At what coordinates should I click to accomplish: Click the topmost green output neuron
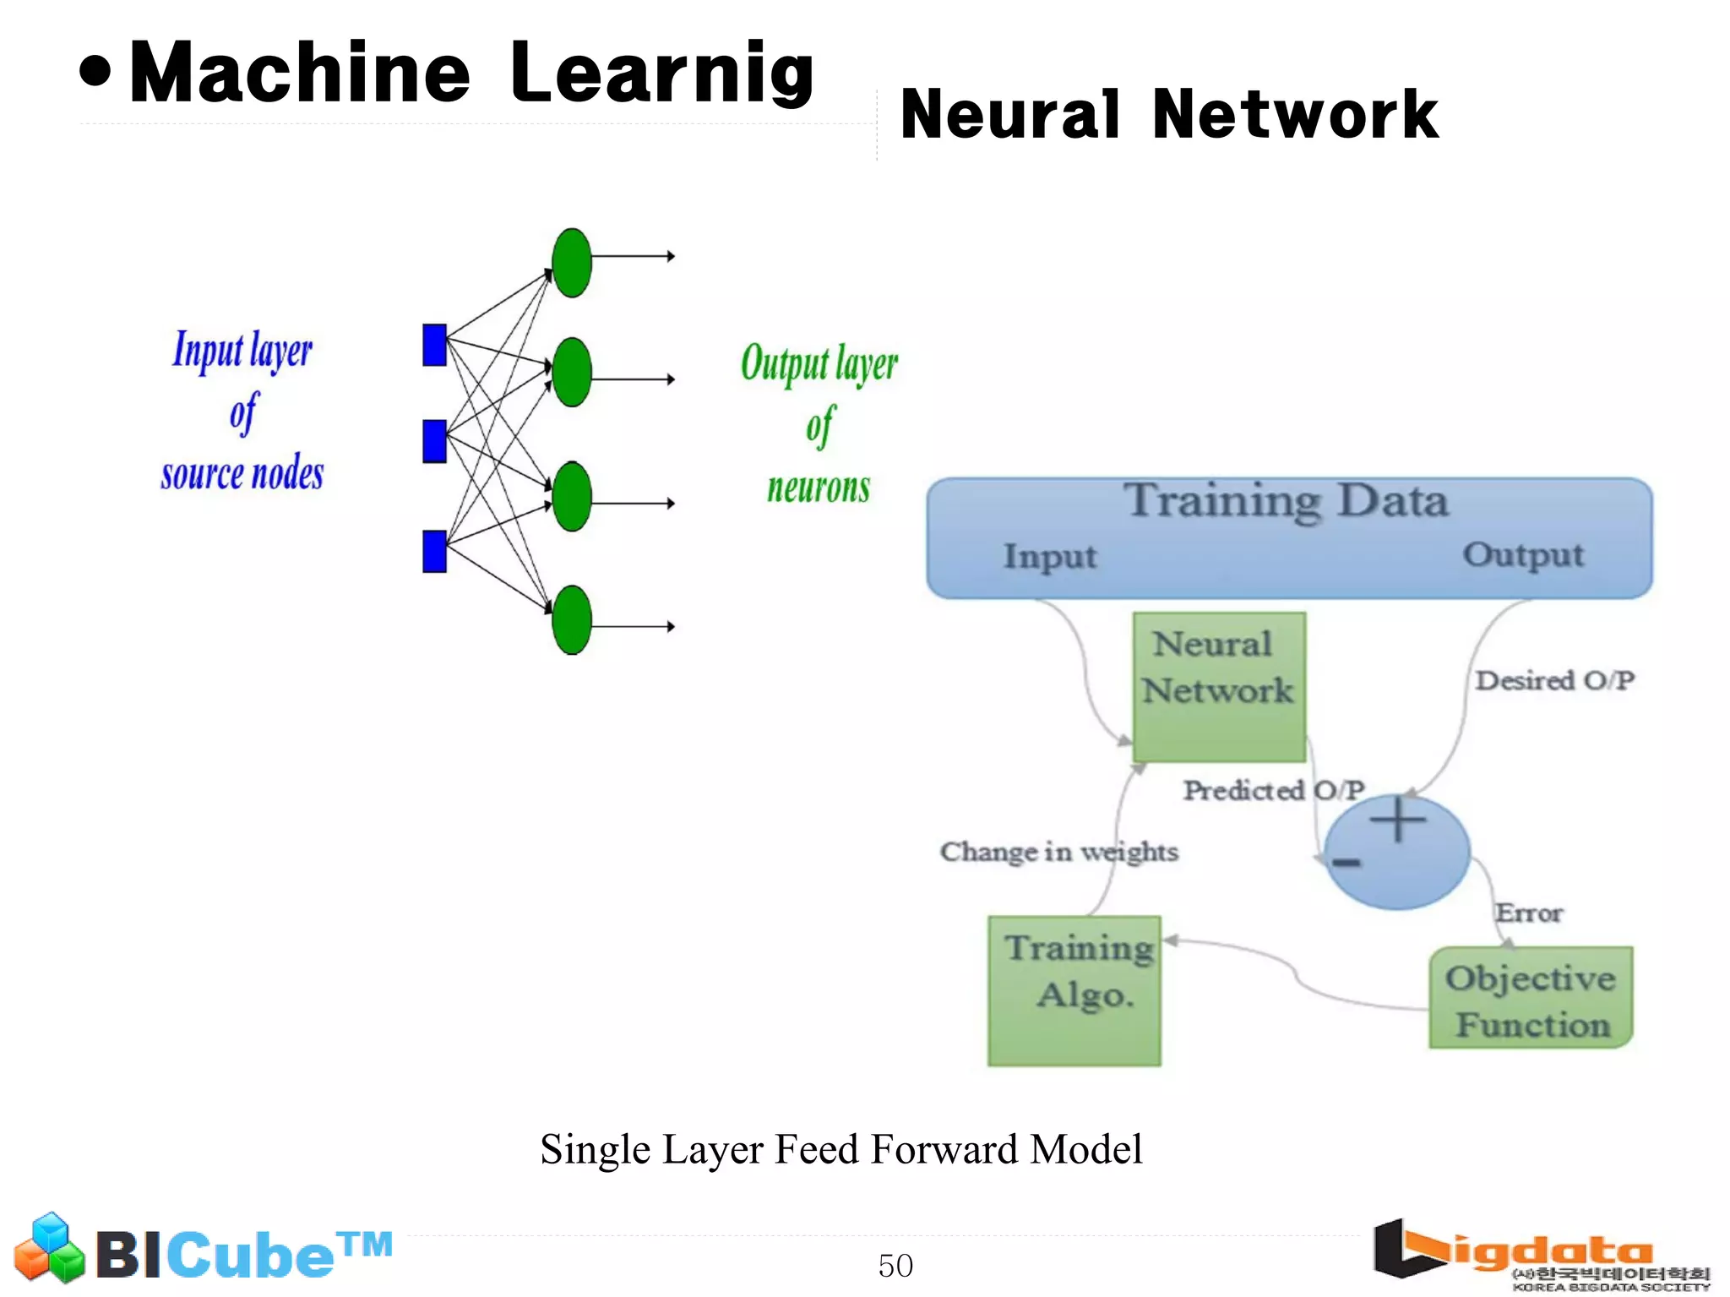572,263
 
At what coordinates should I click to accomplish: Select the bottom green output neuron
572,620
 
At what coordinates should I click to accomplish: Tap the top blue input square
434,345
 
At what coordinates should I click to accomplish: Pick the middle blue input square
434,441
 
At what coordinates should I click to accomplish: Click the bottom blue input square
434,551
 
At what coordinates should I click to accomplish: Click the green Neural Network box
1218,686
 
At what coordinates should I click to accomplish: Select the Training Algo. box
1074,990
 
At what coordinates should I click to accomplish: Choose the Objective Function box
1530,999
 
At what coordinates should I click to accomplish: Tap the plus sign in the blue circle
1398,820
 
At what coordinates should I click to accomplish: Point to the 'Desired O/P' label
1553,680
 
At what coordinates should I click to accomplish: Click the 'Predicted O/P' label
1273,790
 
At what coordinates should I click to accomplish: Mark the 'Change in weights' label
1058,852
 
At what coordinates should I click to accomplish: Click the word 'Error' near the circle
1528,913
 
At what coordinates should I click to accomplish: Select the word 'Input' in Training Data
1049,557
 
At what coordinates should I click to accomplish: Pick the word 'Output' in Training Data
1523,555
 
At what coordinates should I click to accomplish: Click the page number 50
895,1265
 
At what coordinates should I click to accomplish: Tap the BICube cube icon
50,1248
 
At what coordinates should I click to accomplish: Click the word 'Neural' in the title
1010,115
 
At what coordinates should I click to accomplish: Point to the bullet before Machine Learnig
95,73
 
